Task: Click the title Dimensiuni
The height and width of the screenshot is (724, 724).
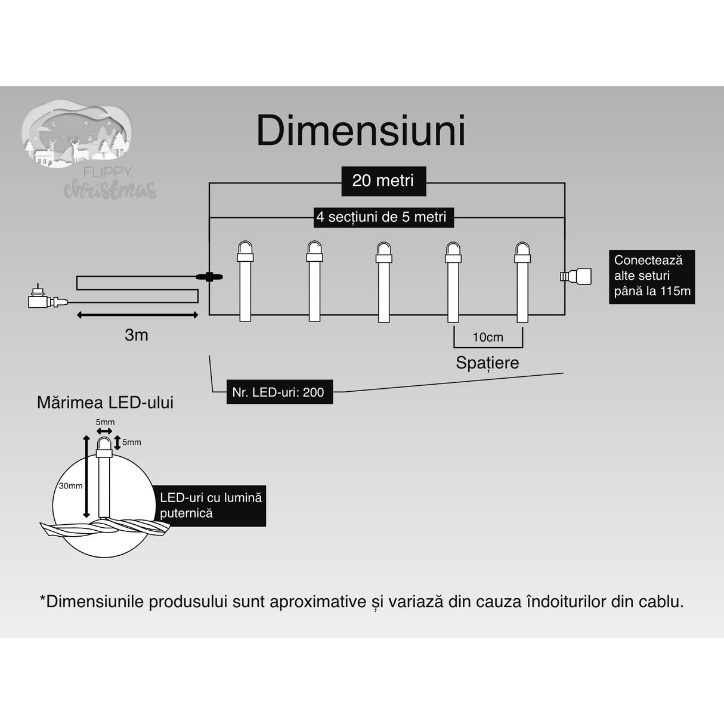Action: coord(361,131)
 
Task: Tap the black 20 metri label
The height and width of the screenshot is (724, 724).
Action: coord(383,181)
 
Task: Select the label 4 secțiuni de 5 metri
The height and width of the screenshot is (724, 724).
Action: coord(382,217)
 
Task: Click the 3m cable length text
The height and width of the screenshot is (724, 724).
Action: coord(137,335)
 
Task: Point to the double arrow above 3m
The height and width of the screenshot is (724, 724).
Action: coord(137,314)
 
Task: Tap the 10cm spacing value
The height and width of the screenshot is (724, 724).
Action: coord(488,338)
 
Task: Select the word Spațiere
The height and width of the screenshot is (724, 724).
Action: coord(487,363)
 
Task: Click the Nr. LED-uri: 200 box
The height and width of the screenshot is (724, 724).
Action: coord(279,392)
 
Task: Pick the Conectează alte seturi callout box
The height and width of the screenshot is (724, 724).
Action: coord(651,276)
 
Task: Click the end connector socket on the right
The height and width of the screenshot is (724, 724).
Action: coord(577,276)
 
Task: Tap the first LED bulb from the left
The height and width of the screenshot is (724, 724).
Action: coord(245,280)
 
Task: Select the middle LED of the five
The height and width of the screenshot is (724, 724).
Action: coord(383,280)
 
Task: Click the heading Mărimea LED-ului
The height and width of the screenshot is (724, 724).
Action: coord(105,403)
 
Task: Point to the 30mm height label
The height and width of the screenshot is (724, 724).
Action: coord(70,485)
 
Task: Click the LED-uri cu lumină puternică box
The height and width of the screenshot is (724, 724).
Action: coord(212,505)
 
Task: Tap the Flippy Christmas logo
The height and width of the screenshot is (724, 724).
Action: coord(89,152)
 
